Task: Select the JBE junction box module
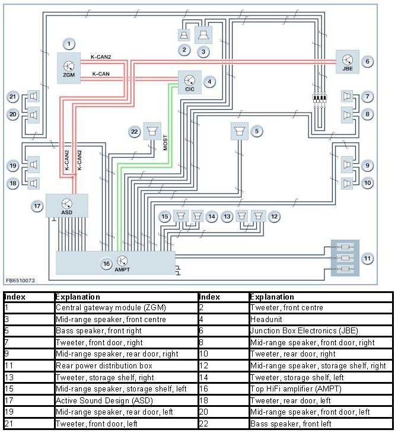coord(347,61)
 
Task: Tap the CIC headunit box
coord(190,82)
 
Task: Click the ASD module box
coord(66,205)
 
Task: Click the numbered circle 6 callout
coord(368,61)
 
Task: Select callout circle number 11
coord(368,258)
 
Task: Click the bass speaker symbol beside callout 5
coord(240,131)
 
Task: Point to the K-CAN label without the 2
coord(101,74)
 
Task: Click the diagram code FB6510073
coord(21,279)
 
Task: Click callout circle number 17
coord(37,206)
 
